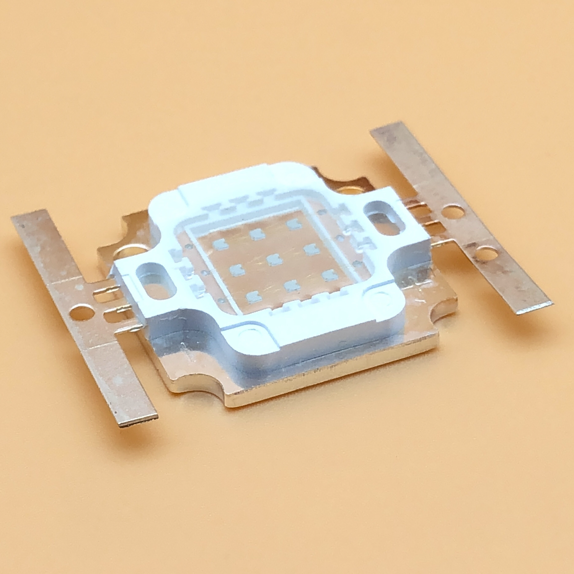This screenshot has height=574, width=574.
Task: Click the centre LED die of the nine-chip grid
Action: point(273,260)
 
